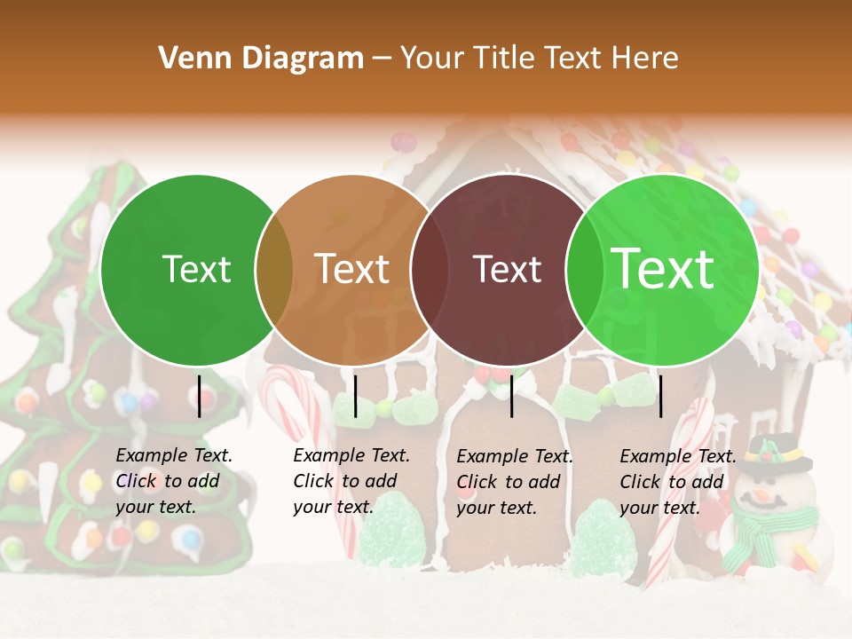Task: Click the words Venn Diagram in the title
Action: tap(261, 59)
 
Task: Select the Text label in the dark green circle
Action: tap(197, 269)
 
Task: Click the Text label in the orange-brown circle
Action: tap(352, 269)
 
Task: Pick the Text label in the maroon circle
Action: tap(508, 269)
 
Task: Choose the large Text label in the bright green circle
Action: tap(663, 269)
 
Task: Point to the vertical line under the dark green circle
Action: tap(199, 395)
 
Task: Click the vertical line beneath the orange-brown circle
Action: tap(355, 395)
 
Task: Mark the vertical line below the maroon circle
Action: tap(511, 395)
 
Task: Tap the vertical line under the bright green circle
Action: tap(660, 395)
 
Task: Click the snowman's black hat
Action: tap(777, 453)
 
